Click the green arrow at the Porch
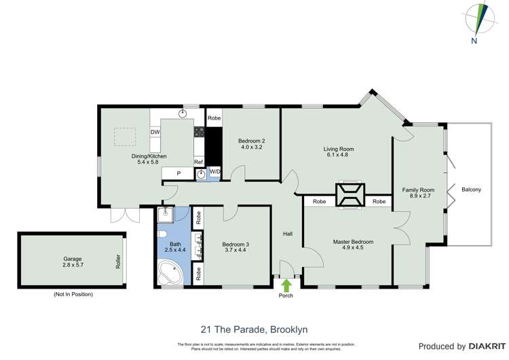(x=286, y=285)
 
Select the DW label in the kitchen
(x=155, y=132)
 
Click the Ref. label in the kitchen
(x=199, y=162)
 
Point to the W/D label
(x=214, y=172)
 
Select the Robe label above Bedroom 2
(x=214, y=118)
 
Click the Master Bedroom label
(x=353, y=242)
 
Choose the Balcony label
(x=471, y=190)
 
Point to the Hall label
(x=288, y=234)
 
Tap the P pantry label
(x=178, y=174)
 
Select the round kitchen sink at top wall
(x=183, y=113)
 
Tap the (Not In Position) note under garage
(x=73, y=294)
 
